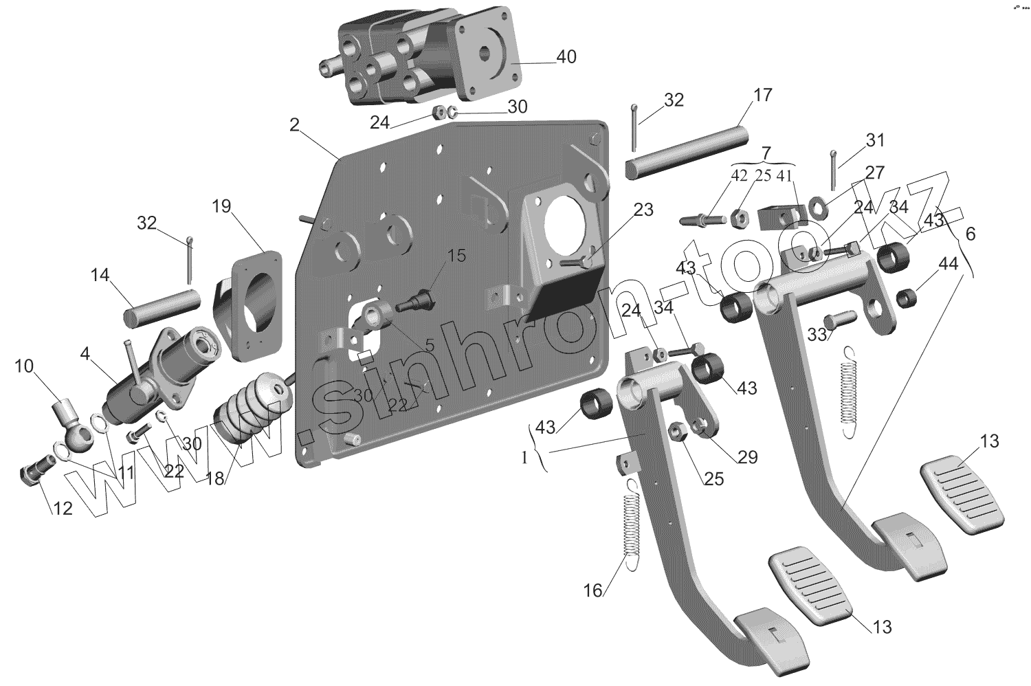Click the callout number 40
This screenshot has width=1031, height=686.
point(566,57)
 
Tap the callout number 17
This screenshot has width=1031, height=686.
point(763,95)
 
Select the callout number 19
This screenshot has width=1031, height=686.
point(221,206)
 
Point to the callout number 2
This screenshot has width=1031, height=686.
point(294,125)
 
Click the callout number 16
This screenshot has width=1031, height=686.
point(592,590)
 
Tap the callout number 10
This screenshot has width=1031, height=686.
point(24,366)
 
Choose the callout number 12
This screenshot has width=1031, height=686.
point(63,509)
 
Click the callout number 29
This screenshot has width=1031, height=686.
point(748,457)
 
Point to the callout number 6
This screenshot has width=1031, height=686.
point(970,234)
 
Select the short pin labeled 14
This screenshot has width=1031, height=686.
point(162,307)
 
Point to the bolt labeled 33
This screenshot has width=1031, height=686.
point(840,319)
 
